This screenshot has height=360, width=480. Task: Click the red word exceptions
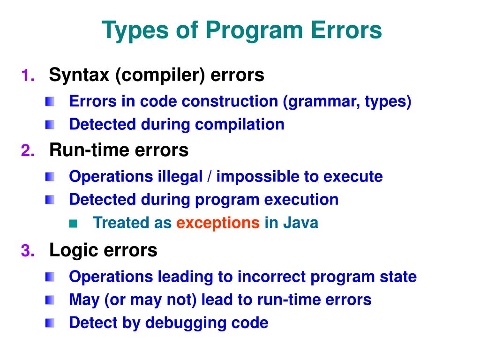pyautogui.click(x=218, y=223)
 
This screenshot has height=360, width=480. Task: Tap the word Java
pyautogui.click(x=300, y=223)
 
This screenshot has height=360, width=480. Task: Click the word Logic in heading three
pyautogui.click(x=71, y=250)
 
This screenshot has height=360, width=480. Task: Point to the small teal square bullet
pyautogui.click(x=72, y=223)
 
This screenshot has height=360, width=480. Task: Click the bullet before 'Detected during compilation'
pyautogui.click(x=50, y=125)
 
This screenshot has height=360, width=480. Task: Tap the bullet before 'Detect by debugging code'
pyautogui.click(x=50, y=323)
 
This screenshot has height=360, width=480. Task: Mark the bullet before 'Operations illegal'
pyautogui.click(x=50, y=177)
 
